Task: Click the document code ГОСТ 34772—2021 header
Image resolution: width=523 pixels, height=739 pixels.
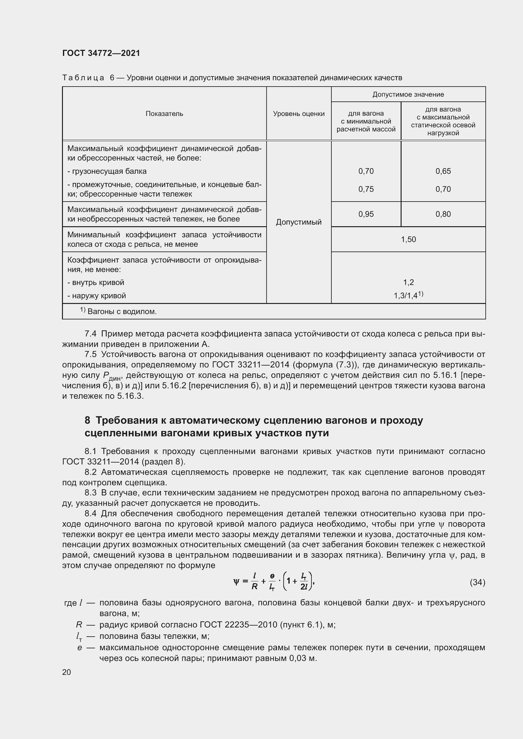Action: pyautogui.click(x=101, y=53)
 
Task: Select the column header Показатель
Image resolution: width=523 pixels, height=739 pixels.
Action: pyautogui.click(x=164, y=114)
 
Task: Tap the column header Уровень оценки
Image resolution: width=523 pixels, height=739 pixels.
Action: pyautogui.click(x=298, y=114)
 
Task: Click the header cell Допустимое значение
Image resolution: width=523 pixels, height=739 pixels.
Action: pyautogui.click(x=408, y=94)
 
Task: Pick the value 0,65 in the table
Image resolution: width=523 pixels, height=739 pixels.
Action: pyautogui.click(x=443, y=171)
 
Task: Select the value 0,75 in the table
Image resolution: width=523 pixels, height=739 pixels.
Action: pyautogui.click(x=366, y=189)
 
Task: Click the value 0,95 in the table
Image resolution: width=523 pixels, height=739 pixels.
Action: pyautogui.click(x=366, y=214)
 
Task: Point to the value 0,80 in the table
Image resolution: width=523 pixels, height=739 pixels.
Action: pyautogui.click(x=443, y=214)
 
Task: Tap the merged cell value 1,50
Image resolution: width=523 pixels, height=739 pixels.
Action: pyautogui.click(x=408, y=239)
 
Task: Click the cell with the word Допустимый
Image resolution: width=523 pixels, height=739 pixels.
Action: pyautogui.click(x=298, y=222)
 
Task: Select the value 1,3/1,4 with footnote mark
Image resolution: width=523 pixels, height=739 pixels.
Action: pyautogui.click(x=408, y=295)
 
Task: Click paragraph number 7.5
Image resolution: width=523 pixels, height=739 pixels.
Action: pyautogui.click(x=90, y=354)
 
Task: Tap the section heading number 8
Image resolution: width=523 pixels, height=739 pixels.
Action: pyautogui.click(x=87, y=420)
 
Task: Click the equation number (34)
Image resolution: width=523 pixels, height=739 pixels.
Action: pyautogui.click(x=477, y=582)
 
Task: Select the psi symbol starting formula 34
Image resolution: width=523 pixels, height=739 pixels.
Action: pyautogui.click(x=236, y=582)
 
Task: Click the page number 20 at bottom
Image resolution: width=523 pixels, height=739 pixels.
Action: pyautogui.click(x=67, y=672)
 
